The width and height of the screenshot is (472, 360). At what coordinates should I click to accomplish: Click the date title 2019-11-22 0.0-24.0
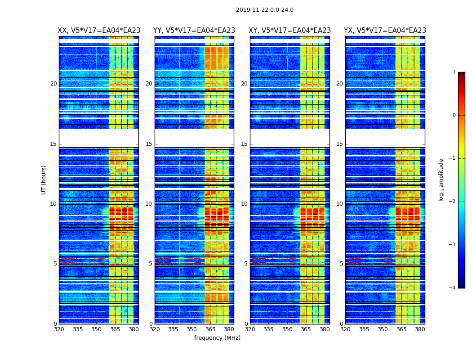(x=264, y=10)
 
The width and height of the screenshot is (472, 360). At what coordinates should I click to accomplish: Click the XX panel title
(x=99, y=31)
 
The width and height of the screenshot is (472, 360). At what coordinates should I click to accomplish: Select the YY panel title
(x=194, y=31)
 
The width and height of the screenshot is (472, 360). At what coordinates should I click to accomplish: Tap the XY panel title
(x=290, y=31)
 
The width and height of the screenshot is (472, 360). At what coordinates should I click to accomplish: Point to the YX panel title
(x=385, y=31)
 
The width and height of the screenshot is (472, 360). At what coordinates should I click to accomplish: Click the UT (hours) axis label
(x=44, y=180)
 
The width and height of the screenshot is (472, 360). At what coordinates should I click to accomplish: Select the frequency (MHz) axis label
(x=217, y=338)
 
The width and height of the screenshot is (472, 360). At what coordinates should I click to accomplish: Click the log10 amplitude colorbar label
(x=441, y=180)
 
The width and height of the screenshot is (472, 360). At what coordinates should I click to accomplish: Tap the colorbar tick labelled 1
(x=454, y=72)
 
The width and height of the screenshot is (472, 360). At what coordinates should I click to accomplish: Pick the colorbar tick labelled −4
(x=453, y=288)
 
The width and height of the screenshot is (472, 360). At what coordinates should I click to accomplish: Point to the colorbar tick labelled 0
(x=454, y=115)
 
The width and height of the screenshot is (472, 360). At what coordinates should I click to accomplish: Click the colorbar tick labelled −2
(x=453, y=202)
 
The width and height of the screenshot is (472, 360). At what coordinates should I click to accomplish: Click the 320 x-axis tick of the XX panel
(x=59, y=329)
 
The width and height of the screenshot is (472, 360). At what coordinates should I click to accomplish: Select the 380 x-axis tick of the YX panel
(x=420, y=329)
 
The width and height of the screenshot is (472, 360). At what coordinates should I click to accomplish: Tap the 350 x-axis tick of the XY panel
(x=287, y=329)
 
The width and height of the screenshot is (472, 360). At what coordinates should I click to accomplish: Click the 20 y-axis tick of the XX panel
(x=53, y=84)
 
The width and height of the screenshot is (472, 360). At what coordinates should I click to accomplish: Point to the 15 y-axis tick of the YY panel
(x=148, y=144)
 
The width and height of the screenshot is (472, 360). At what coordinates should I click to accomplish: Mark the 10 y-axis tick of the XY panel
(x=244, y=204)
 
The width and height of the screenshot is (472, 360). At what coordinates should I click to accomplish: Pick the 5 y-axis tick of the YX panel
(x=341, y=264)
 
